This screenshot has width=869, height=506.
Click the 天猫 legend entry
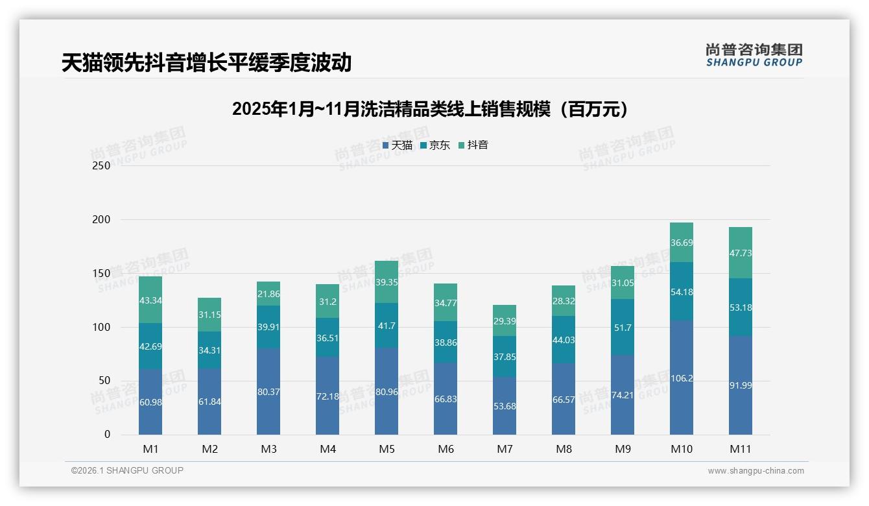point(398,145)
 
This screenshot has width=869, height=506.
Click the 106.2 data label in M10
point(682,378)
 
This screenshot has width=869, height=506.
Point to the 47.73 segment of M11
point(741,253)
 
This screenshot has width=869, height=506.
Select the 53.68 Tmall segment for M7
point(505,406)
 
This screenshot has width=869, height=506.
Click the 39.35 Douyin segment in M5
point(387,282)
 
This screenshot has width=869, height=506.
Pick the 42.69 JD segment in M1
point(150,346)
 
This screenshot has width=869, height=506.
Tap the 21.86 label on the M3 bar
point(268,294)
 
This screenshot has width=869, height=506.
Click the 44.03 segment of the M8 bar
point(564,340)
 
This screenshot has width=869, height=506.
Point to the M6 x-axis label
point(446,449)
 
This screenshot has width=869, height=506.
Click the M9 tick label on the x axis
point(623,449)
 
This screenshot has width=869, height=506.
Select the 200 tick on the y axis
point(101,219)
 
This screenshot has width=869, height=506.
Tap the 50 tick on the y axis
point(104,381)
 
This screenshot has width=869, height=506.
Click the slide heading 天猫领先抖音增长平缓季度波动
point(206,62)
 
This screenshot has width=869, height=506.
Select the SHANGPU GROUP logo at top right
point(754,54)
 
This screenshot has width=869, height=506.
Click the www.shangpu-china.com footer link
point(756,471)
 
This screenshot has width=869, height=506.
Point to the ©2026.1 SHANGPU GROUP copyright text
point(127,470)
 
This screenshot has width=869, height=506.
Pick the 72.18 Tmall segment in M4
point(327,396)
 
